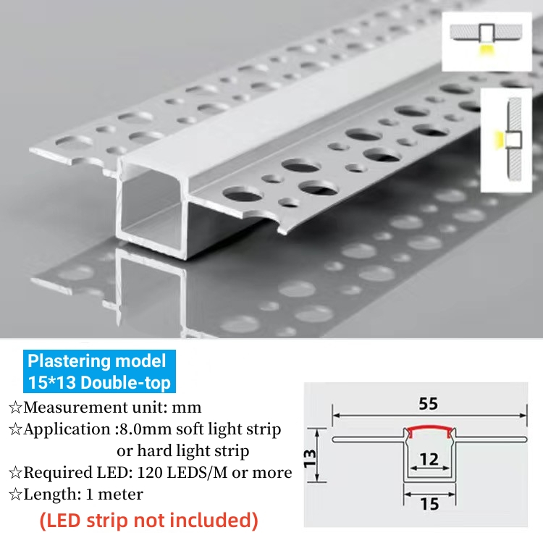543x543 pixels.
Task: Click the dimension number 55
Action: [429, 404]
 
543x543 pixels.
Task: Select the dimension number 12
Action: [429, 458]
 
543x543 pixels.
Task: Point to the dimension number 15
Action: [429, 502]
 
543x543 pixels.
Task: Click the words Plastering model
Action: [96, 361]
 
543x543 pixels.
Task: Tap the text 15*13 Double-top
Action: [98, 381]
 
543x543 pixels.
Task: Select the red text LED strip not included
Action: [149, 519]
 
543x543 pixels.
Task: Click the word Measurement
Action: [71, 407]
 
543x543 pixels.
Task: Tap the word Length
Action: [49, 494]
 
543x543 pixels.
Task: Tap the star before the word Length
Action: [14, 495]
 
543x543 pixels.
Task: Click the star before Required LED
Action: [14, 473]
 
